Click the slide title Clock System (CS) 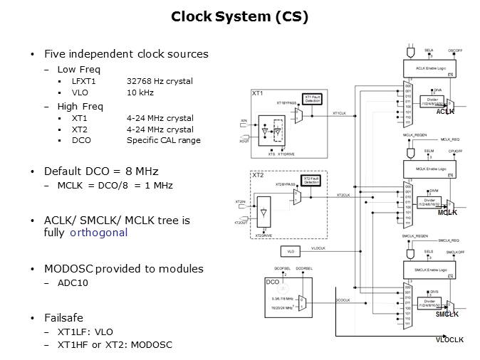coord(239,16)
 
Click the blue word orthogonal coord(99,233)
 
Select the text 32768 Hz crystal coord(160,81)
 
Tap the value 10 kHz coord(141,92)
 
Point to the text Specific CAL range coord(163,140)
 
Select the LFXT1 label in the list coord(84,81)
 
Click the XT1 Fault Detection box coord(313,98)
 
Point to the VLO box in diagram coord(291,251)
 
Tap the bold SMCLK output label coord(447,314)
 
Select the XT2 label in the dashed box coord(258,174)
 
